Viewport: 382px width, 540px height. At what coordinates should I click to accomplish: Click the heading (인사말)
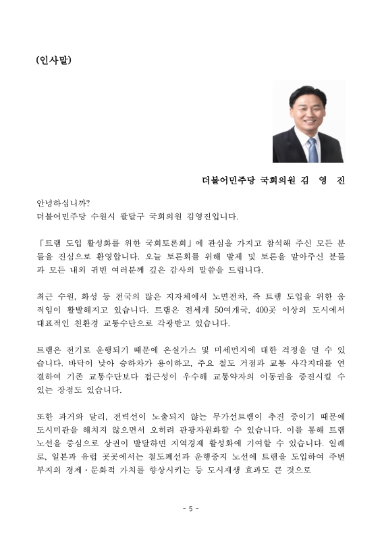click(53, 59)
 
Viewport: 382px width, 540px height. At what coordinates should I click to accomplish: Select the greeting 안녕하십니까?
click(63, 203)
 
